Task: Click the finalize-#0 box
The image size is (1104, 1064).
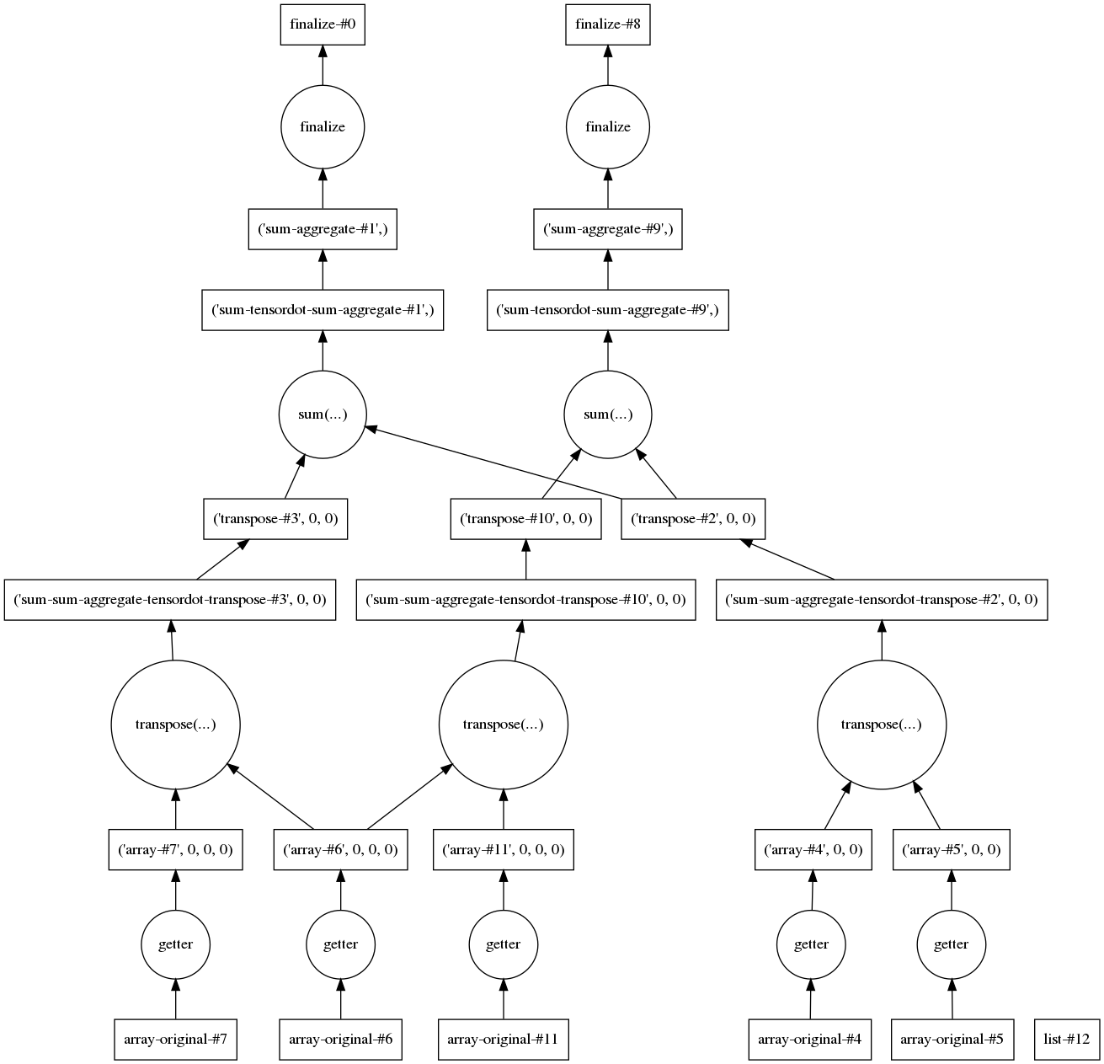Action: pyautogui.click(x=323, y=24)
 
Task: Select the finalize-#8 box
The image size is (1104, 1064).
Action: pyautogui.click(x=607, y=24)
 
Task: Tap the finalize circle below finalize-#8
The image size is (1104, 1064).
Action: pyautogui.click(x=607, y=126)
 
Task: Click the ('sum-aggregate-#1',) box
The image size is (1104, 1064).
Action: pyautogui.click(x=323, y=229)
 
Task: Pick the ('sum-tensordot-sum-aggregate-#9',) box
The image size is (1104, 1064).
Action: pyautogui.click(x=607, y=310)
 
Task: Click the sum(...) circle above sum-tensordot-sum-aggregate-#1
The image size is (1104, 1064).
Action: pyautogui.click(x=323, y=414)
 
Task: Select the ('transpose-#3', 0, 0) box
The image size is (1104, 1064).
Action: pyautogui.click(x=275, y=519)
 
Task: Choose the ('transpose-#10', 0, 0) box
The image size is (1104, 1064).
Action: pyautogui.click(x=525, y=519)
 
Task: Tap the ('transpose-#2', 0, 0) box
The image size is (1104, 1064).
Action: pyautogui.click(x=693, y=519)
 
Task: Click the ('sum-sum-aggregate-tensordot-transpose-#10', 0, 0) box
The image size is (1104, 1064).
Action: pyautogui.click(x=525, y=600)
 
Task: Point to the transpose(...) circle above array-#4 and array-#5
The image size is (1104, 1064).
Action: pyautogui.click(x=881, y=724)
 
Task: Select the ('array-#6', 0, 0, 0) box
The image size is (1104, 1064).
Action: pyautogui.click(x=340, y=849)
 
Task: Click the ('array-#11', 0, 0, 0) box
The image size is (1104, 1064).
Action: pyautogui.click(x=504, y=849)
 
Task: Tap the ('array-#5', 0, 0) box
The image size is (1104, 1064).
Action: pyautogui.click(x=951, y=849)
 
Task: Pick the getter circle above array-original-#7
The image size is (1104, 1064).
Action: pyautogui.click(x=175, y=944)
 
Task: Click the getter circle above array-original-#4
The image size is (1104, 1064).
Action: pyautogui.click(x=811, y=944)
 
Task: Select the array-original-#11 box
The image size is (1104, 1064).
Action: pyautogui.click(x=504, y=1040)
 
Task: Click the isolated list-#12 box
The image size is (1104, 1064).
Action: pyautogui.click(x=1066, y=1040)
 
